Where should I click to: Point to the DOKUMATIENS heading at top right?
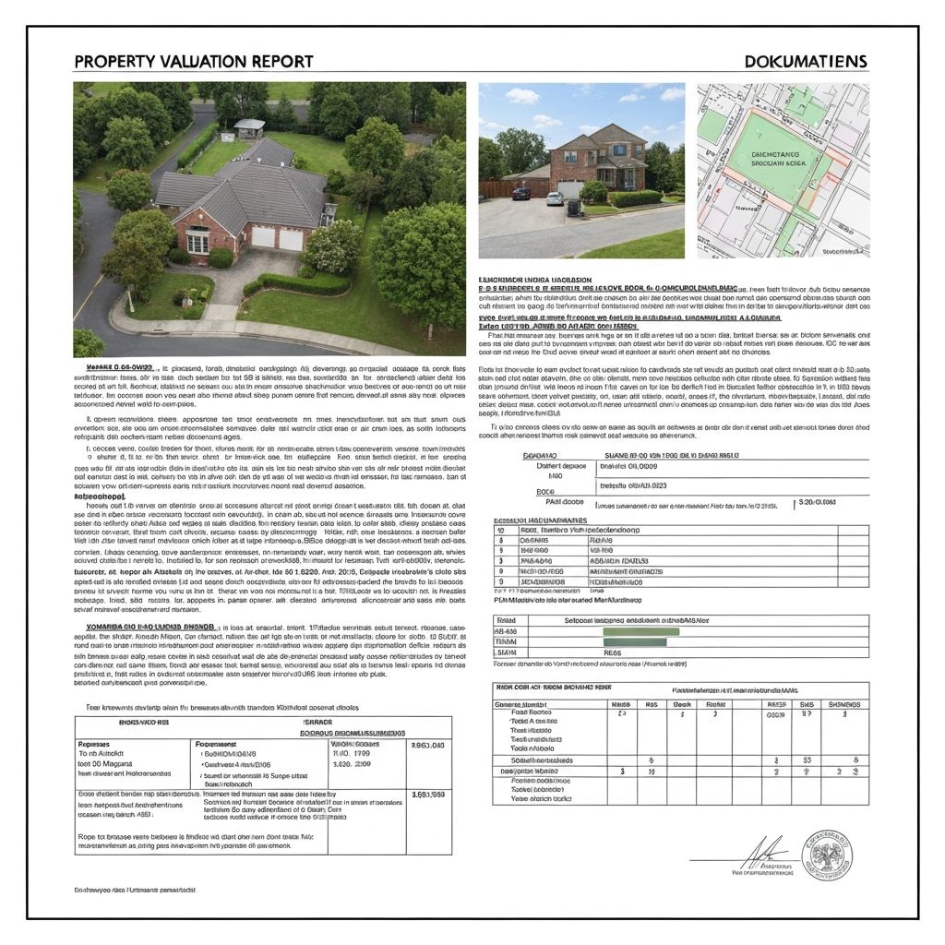tap(805, 62)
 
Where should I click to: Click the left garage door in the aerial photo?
tap(264, 237)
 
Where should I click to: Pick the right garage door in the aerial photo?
tap(292, 240)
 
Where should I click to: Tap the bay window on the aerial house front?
tap(197, 243)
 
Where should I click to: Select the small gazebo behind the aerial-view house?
tap(249, 127)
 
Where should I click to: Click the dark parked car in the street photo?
tap(520, 193)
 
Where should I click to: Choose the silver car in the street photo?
tap(555, 197)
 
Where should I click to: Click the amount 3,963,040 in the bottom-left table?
tap(426, 746)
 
